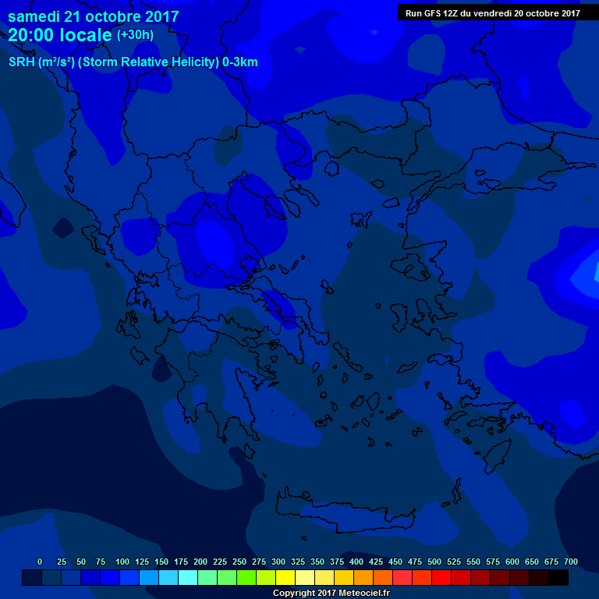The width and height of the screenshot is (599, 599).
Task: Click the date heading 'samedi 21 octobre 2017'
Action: pyautogui.click(x=93, y=16)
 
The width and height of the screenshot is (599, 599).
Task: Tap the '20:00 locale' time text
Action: pyautogui.click(x=60, y=35)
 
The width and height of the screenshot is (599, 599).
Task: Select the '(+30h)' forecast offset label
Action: pyautogui.click(x=135, y=35)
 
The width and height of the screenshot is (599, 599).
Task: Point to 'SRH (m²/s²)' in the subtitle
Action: pyautogui.click(x=44, y=62)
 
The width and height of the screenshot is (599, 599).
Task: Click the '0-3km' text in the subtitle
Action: pyautogui.click(x=240, y=62)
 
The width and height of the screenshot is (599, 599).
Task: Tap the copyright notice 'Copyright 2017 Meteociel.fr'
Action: pyautogui.click(x=331, y=594)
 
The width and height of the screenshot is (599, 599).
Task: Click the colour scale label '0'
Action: pyautogui.click(x=40, y=562)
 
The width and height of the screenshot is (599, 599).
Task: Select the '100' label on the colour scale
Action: pyautogui.click(x=122, y=562)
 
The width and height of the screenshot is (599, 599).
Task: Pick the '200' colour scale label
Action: pyautogui.click(x=200, y=562)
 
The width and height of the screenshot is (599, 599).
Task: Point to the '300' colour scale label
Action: pyautogui.click(x=278, y=562)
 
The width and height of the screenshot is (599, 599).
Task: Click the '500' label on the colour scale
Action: pyautogui.click(x=434, y=562)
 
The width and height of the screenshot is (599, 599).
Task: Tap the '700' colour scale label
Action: pyautogui.click(x=570, y=562)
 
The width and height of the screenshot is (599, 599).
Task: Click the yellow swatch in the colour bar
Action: pyautogui.click(x=285, y=577)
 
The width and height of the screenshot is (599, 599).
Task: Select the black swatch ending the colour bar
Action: pyautogui.click(x=558, y=577)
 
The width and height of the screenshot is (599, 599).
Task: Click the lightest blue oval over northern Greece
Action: pyautogui.click(x=214, y=243)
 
